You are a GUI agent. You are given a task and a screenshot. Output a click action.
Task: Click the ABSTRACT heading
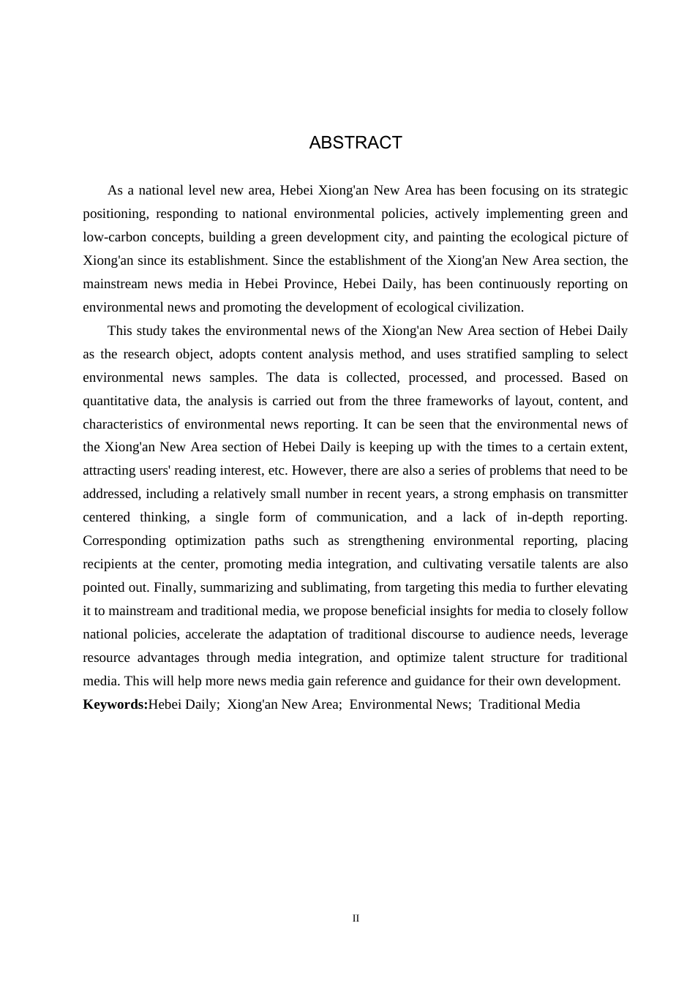tap(356, 143)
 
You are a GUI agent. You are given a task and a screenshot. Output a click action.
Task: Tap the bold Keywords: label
tap(116, 704)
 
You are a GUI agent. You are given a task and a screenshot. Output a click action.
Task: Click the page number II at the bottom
tap(356, 918)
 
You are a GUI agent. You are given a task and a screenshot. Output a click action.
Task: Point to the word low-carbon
tap(114, 237)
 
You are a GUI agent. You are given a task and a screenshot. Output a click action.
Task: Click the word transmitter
tap(596, 494)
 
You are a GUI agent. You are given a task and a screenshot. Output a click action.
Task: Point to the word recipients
tap(110, 564)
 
